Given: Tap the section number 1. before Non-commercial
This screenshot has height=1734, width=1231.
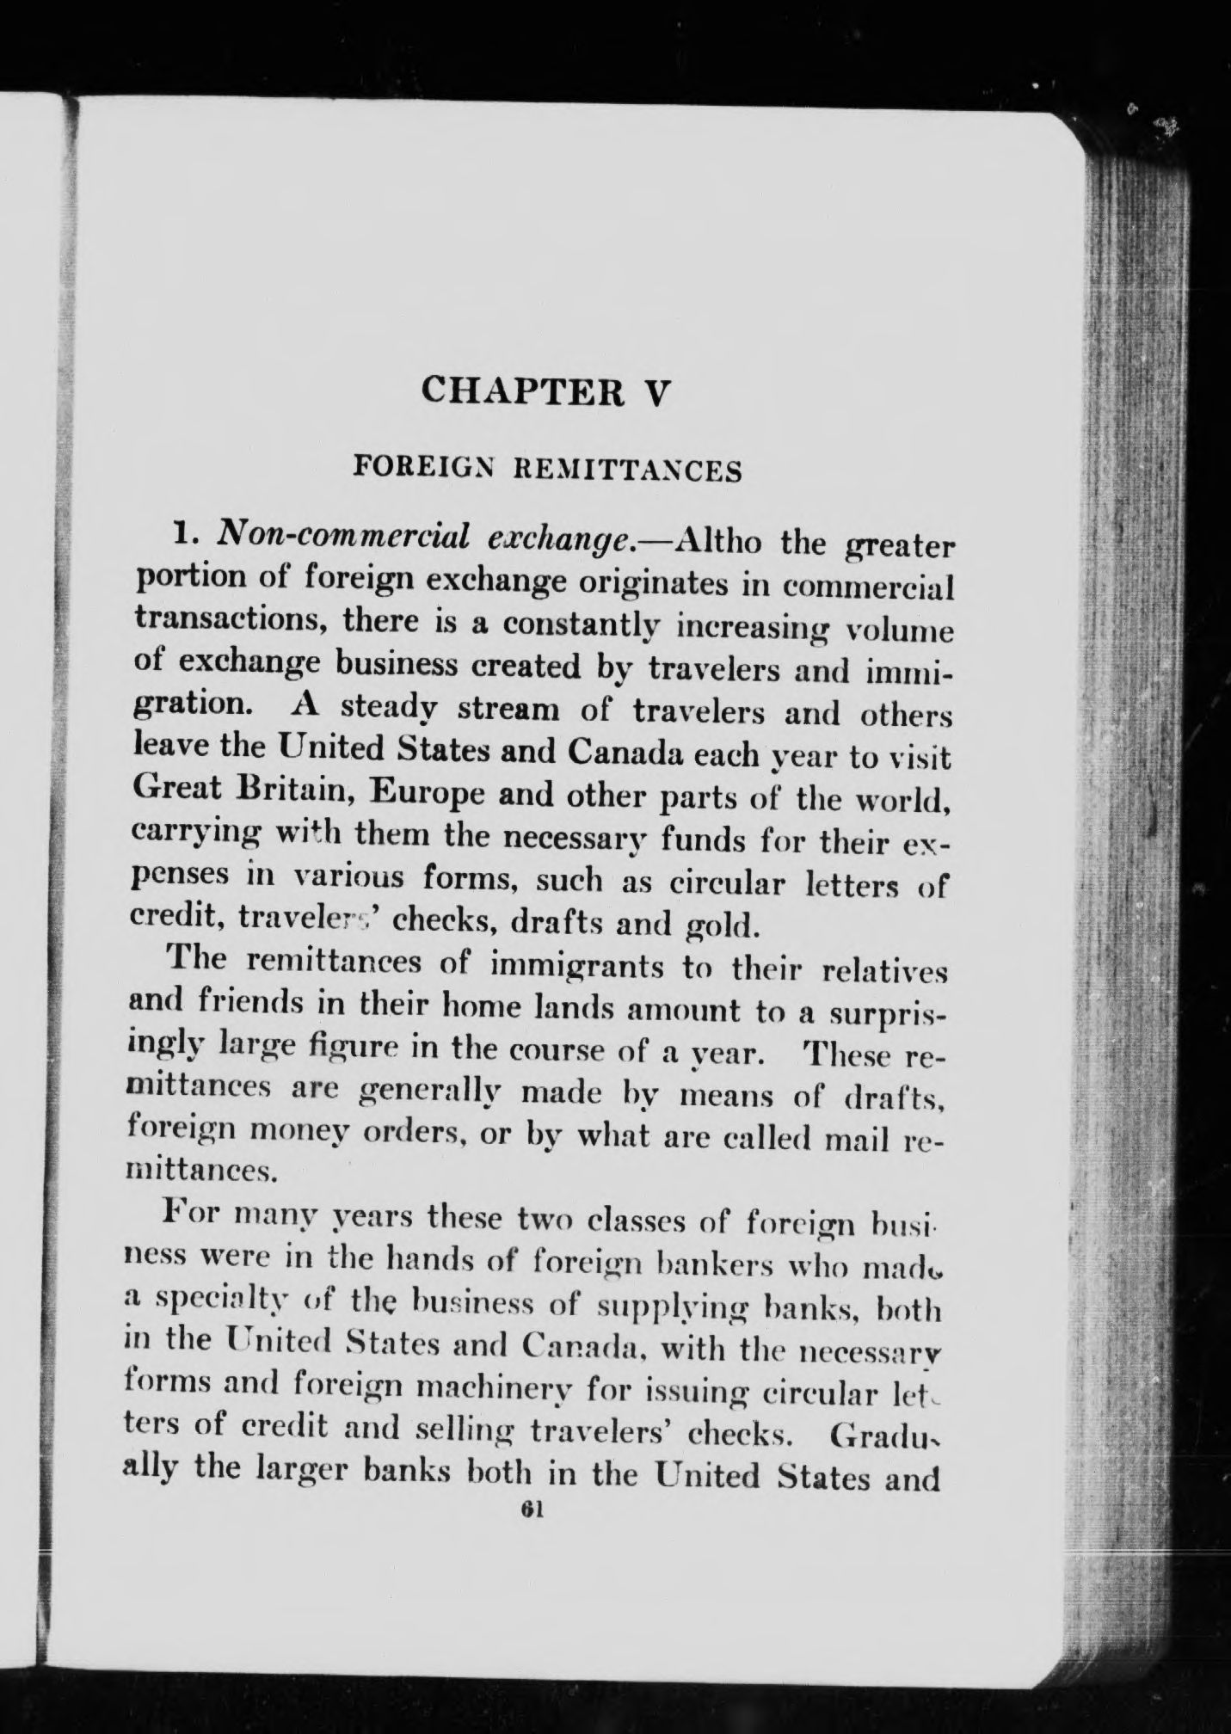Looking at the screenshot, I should point(187,536).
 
